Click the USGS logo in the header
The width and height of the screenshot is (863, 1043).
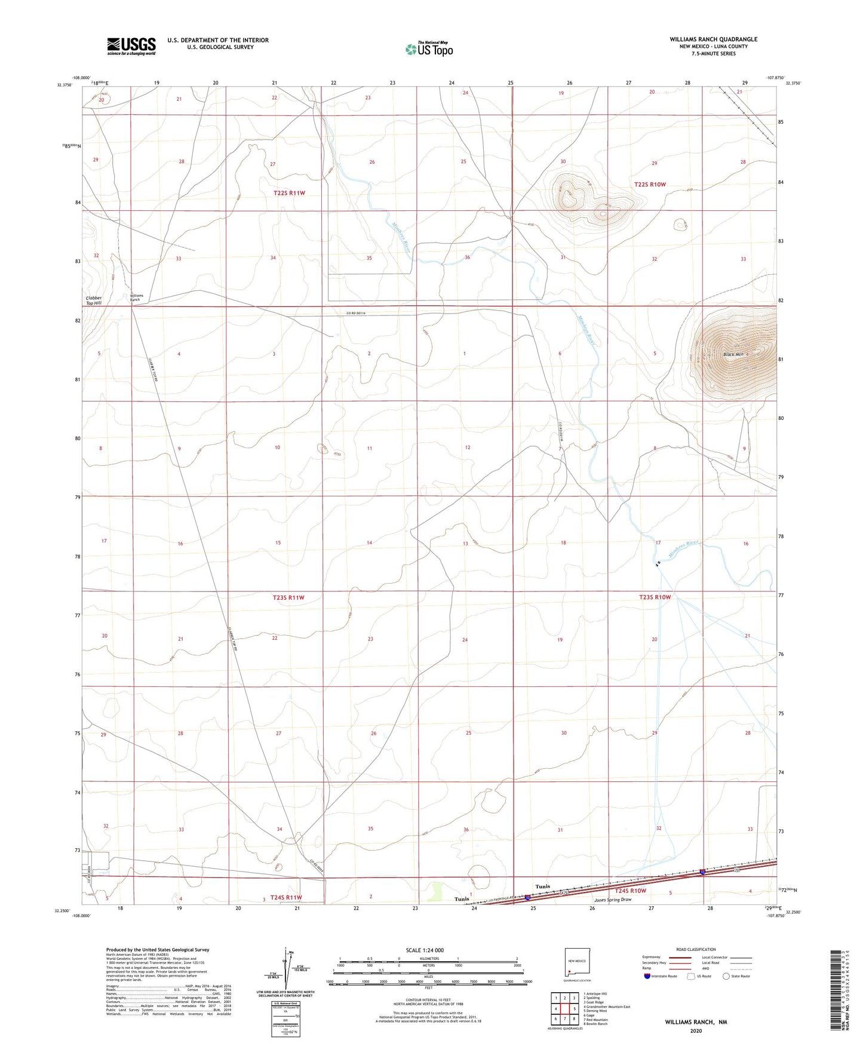(x=131, y=46)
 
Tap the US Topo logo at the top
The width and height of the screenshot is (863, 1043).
(x=429, y=49)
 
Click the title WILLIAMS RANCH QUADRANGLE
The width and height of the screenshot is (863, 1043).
(x=713, y=39)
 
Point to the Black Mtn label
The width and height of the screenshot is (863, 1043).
(x=734, y=355)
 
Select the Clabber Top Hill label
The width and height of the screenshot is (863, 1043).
(x=94, y=300)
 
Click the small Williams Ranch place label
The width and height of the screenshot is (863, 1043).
(x=137, y=297)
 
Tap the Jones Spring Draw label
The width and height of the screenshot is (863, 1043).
(x=612, y=900)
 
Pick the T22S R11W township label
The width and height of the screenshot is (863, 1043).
(x=289, y=193)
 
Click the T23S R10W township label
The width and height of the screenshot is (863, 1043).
(x=655, y=597)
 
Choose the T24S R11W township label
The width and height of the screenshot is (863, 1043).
(x=286, y=897)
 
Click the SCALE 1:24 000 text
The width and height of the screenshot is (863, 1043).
(x=425, y=950)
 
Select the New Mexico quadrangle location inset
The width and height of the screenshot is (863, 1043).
(x=577, y=965)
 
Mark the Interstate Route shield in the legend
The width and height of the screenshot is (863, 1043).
(x=647, y=976)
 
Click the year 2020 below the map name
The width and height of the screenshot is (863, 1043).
(x=696, y=1030)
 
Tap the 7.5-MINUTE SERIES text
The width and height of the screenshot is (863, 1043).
(x=713, y=54)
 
